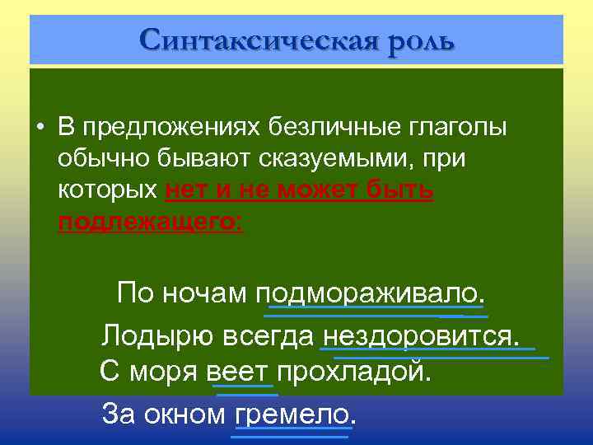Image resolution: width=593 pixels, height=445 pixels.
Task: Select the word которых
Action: click(x=108, y=190)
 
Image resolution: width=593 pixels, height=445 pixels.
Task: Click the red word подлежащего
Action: click(x=150, y=221)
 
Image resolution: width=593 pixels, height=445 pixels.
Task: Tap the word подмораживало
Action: click(x=371, y=293)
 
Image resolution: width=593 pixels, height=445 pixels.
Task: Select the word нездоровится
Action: click(x=422, y=336)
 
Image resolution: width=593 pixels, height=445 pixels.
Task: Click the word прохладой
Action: click(x=353, y=372)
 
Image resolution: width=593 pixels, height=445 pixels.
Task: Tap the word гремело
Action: click(x=295, y=413)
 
